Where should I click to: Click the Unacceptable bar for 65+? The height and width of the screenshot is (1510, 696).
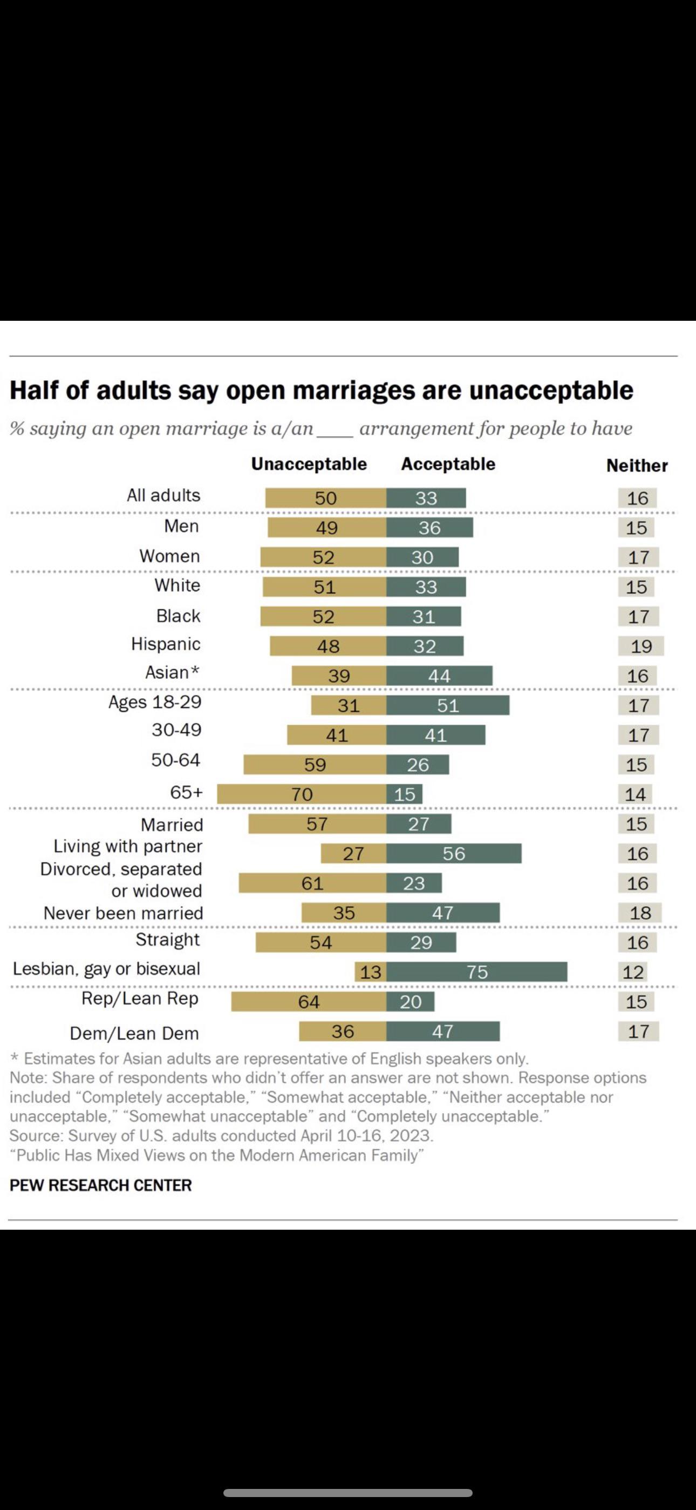point(301,794)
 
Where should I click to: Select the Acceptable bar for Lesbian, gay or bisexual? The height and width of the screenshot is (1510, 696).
point(476,972)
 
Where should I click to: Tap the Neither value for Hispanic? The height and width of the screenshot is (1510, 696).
point(641,646)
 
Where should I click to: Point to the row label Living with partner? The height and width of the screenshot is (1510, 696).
point(128,846)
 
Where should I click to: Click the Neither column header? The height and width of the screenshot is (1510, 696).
point(637,466)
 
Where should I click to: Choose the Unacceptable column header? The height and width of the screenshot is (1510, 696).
point(309,464)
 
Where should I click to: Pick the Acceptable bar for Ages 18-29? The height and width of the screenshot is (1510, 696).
point(448,705)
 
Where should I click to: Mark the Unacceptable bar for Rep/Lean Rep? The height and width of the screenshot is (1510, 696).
point(309,1002)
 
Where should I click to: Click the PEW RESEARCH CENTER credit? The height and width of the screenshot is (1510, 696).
point(101,1185)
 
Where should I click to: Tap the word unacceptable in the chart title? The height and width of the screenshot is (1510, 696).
point(551,390)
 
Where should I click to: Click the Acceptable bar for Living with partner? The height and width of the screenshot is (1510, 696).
point(453,853)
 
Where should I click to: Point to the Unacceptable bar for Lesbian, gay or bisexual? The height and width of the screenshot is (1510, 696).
point(370,972)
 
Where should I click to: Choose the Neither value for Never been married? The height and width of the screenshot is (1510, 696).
point(640,913)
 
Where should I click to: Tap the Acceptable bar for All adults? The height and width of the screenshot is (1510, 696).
point(426,498)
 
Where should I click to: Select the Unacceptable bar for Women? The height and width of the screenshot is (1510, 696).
point(323,557)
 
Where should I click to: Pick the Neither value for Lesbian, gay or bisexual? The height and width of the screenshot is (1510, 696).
point(633,972)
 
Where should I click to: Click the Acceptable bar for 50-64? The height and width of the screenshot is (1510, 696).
point(418,764)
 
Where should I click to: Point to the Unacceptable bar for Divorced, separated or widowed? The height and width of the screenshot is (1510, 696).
point(312,883)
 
